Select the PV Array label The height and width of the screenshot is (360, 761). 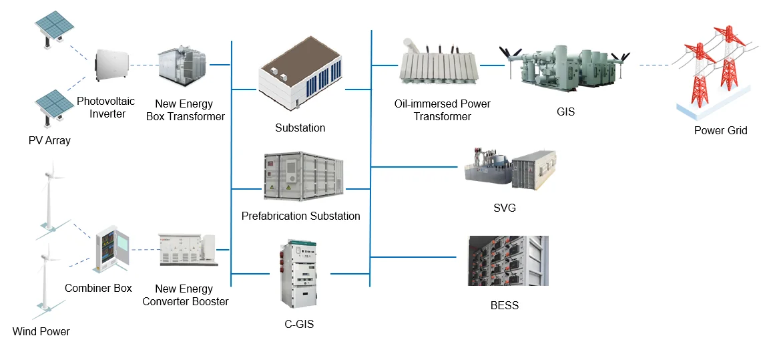(x=49, y=141)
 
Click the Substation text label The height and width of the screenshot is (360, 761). (x=300, y=128)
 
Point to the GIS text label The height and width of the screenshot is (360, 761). (x=565, y=112)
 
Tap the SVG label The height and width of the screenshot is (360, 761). (x=504, y=208)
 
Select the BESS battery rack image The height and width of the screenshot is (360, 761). (x=508, y=260)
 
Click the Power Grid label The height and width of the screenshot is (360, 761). (x=720, y=131)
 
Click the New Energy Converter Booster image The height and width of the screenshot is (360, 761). (x=188, y=250)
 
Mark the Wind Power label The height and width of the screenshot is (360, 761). (x=41, y=331)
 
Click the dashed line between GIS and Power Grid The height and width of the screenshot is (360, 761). (x=654, y=65)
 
